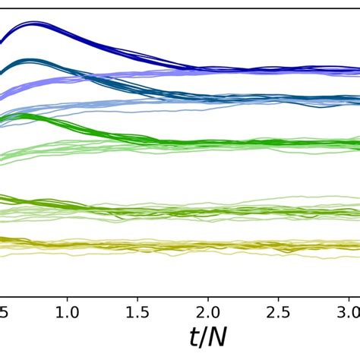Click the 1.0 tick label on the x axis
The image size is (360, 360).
coord(67,313)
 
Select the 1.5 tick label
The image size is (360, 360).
coord(137,313)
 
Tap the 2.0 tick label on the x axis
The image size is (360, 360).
coord(208,313)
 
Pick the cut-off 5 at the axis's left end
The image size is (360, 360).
coord(4,313)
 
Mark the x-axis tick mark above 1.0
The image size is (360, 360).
coord(67,296)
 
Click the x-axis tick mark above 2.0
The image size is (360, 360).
coord(208,296)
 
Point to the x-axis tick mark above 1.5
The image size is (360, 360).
coord(137,296)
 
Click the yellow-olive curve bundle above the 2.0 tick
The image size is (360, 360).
coord(208,245)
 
